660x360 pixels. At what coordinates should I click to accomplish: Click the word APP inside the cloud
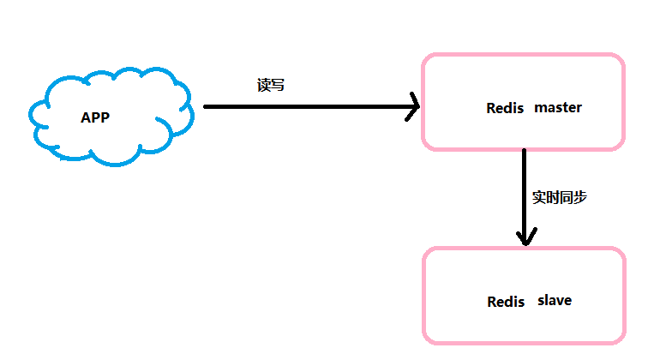[x=95, y=117]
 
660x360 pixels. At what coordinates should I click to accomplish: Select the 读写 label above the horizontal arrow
[x=271, y=85]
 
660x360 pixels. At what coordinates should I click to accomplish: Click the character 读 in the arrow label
[x=263, y=85]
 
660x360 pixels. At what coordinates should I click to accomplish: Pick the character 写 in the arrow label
[x=278, y=85]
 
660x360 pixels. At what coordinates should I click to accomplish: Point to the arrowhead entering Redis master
[x=418, y=106]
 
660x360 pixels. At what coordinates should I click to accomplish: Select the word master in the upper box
[x=558, y=108]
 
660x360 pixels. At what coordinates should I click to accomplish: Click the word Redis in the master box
[x=505, y=108]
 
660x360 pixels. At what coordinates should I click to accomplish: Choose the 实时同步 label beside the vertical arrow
[x=560, y=197]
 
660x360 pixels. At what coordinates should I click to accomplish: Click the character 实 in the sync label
[x=539, y=197]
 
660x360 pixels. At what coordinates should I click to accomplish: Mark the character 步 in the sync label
[x=580, y=197]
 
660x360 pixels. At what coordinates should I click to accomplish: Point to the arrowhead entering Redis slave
[x=525, y=243]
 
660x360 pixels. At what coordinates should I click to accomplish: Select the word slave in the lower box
[x=555, y=300]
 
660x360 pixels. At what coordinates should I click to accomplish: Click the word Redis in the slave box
[x=506, y=302]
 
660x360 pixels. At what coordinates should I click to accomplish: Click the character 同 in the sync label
[x=567, y=197]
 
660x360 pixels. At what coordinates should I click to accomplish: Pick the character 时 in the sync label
[x=553, y=197]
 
